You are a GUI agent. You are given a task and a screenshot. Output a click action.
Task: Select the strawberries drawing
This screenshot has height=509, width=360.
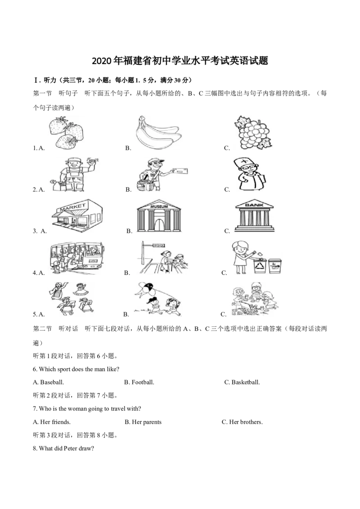coord(67,133)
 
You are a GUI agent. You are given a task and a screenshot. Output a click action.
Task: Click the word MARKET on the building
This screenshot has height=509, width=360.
coord(72,207)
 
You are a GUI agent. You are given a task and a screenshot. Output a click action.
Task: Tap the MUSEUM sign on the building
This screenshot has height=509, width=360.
coord(159,206)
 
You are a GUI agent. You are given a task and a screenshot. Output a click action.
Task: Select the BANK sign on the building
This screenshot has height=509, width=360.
coord(254,205)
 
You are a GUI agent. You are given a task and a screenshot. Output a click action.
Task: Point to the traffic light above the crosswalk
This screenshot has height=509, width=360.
coord(159,246)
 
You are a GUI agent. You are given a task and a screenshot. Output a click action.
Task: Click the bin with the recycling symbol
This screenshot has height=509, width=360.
coord(260,266)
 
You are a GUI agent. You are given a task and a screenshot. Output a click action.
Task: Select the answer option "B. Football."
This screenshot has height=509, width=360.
coord(139,382)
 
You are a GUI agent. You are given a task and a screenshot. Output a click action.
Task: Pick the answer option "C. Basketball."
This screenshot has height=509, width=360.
coord(242,382)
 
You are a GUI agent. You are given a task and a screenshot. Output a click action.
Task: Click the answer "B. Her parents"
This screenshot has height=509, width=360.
coord(143,422)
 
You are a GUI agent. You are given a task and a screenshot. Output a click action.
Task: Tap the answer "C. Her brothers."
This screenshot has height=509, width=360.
coord(243,422)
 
